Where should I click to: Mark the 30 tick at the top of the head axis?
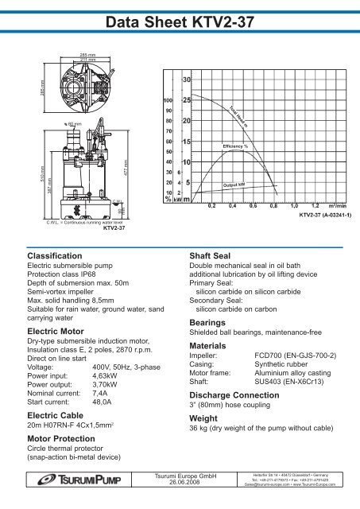click(185, 80)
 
